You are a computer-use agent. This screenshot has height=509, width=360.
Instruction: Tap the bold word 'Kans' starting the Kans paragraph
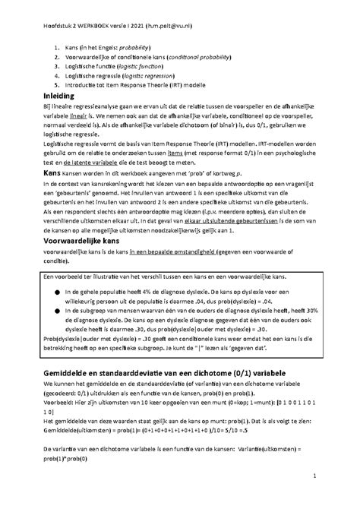click(x=38, y=174)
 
